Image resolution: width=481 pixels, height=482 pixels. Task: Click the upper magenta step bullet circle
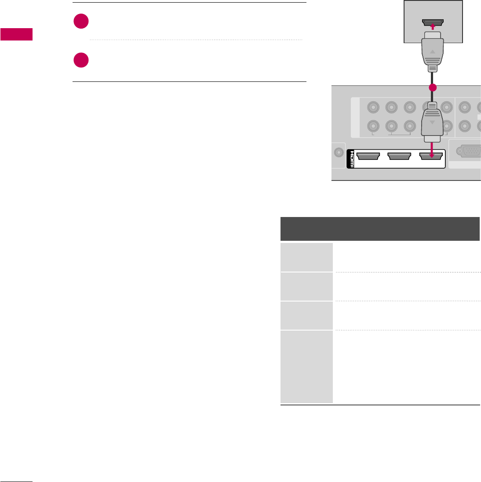pos(81,22)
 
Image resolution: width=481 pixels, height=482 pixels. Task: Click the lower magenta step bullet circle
pos(81,60)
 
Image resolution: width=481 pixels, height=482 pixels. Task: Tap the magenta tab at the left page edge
pos(16,34)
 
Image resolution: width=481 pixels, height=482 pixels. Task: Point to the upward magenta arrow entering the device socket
pos(433,26)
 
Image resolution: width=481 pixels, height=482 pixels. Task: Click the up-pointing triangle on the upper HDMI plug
pos(433,52)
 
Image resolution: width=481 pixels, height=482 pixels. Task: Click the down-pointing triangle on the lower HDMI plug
pos(433,123)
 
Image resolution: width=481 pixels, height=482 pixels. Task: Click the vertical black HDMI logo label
pos(350,159)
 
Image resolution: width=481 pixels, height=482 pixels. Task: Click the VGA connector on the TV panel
pos(469,151)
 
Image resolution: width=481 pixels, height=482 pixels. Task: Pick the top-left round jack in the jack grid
pos(373,107)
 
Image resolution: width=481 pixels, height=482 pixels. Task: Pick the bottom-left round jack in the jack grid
pos(373,126)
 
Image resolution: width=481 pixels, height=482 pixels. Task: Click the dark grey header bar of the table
pos(380,228)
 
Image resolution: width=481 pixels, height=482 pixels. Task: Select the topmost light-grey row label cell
pos(306,257)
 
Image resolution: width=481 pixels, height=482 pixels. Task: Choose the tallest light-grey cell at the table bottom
pos(306,366)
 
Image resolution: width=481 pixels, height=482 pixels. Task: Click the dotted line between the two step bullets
pos(196,40)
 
